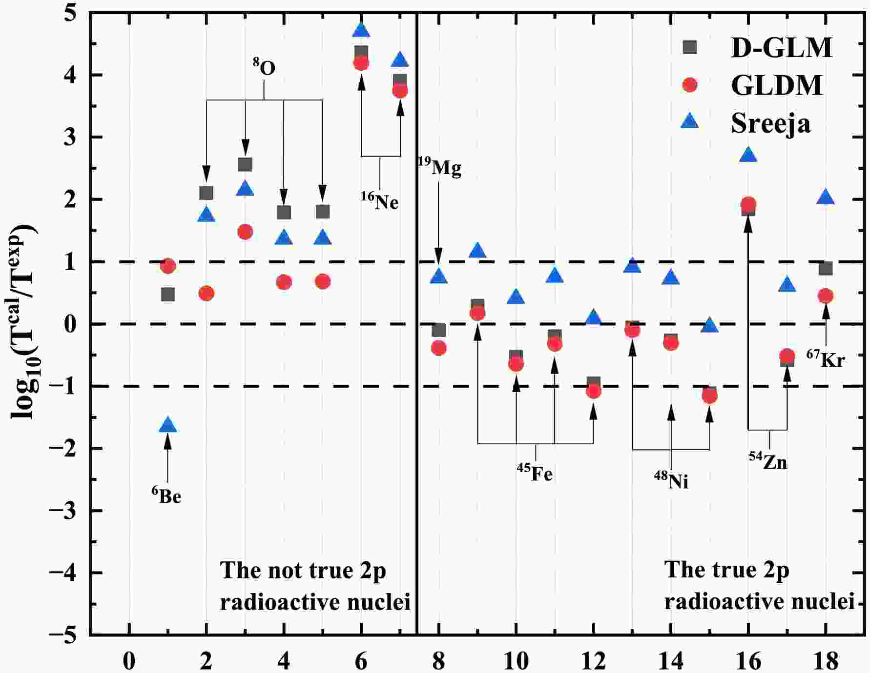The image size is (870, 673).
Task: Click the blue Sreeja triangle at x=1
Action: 167,425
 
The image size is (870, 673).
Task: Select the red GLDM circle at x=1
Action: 167,266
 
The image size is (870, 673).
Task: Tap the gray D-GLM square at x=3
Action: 245,164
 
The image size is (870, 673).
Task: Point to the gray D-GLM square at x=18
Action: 826,268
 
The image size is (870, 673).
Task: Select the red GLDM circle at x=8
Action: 439,348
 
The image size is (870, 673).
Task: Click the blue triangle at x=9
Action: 477,251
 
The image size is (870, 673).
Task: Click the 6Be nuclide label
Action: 166,495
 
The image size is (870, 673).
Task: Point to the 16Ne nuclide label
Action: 380,200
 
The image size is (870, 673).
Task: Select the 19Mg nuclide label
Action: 439,167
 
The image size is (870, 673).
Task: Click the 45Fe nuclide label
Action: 535,472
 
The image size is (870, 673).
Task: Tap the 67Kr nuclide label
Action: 826,358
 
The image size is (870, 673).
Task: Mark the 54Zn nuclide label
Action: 768,460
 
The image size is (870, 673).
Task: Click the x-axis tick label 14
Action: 671,661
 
